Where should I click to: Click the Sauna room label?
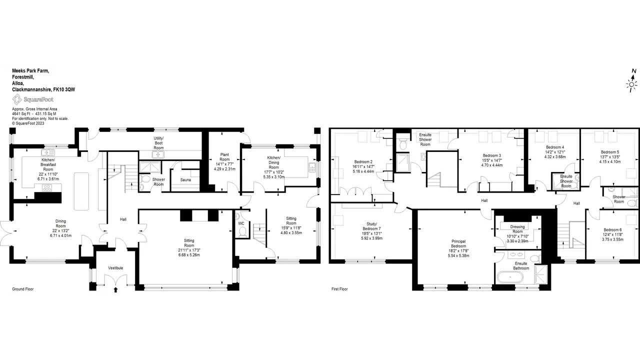[x=185, y=179]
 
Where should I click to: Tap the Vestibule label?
[x=115, y=267]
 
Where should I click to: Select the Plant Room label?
[x=224, y=157]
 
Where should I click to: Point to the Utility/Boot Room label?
[x=158, y=143]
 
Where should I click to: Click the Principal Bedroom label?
[x=458, y=243]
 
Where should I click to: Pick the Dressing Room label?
[x=517, y=229]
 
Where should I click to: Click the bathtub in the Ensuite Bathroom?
[x=510, y=277]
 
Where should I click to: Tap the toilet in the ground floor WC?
[x=242, y=232]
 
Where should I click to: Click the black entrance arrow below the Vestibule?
[x=115, y=289]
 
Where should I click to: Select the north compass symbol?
[x=631, y=81]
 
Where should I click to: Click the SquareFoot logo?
[x=32, y=99]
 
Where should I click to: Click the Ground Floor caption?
[x=23, y=289]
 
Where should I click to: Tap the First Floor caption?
[x=339, y=289]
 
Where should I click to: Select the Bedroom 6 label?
[x=612, y=229]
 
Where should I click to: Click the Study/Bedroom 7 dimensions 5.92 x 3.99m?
[x=371, y=238]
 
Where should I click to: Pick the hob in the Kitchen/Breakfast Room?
[x=47, y=187]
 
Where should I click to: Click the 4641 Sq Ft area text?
[x=21, y=113]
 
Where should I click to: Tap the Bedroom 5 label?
[x=609, y=152]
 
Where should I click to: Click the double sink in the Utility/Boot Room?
[x=158, y=155]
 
